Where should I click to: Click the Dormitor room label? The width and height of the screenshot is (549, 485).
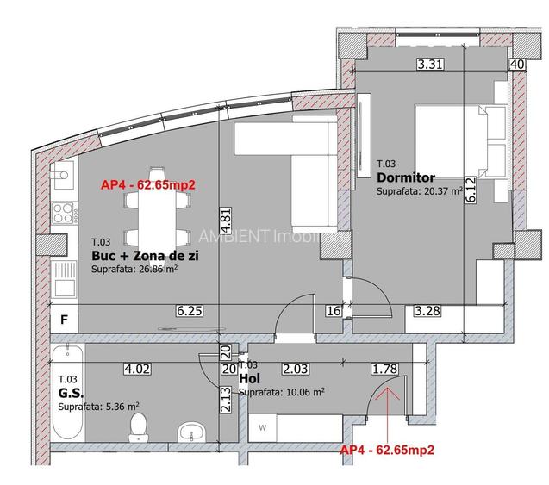pos(405,177)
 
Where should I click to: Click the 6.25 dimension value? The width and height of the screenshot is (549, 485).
pos(190,311)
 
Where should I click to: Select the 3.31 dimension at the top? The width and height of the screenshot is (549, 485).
pos(428,63)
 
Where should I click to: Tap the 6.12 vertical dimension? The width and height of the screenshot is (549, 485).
pos(469,196)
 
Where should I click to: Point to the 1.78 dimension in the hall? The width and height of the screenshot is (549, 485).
pos(386,369)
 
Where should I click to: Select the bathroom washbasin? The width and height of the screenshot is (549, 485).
pos(190,431)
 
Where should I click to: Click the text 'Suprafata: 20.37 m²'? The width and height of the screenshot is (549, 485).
pos(420,192)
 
